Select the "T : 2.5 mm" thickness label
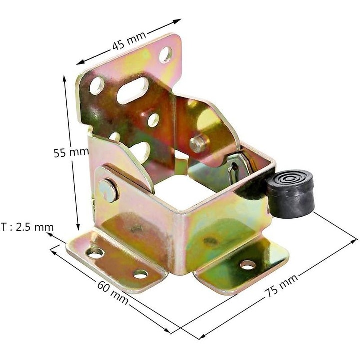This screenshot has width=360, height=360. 27,227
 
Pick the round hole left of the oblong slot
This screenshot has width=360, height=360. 95,86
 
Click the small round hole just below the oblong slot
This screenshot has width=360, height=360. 153,119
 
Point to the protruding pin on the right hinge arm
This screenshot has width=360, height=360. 196,143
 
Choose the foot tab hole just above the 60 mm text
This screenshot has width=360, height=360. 140,274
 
